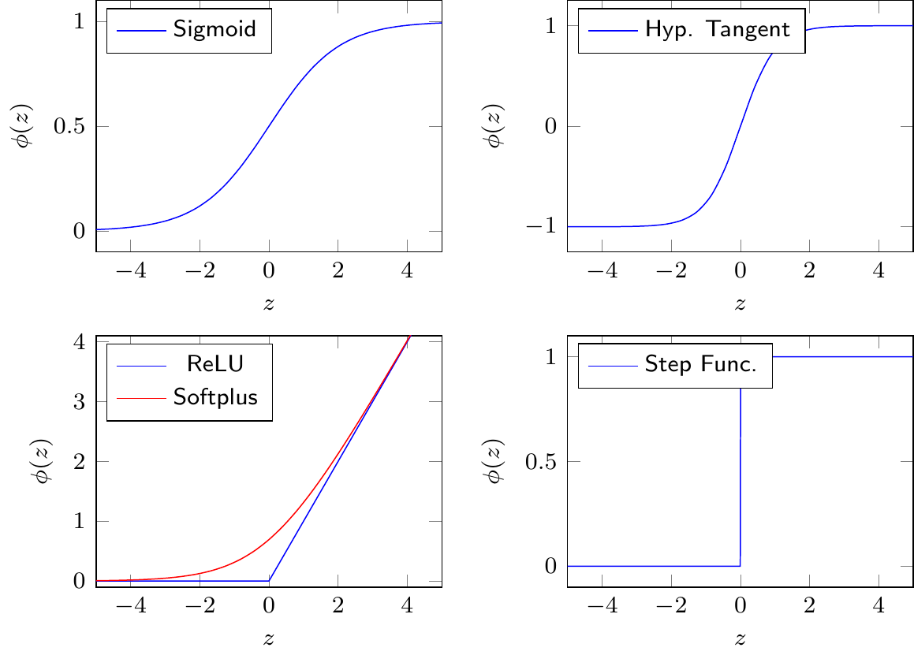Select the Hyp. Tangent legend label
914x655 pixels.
coord(717,31)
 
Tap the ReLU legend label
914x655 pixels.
coord(215,365)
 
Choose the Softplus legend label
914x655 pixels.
coord(215,396)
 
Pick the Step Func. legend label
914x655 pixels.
coord(700,365)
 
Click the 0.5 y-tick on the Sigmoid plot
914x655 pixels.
coord(69,126)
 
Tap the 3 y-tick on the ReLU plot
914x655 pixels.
coord(79,402)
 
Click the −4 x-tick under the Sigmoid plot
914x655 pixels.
coord(131,272)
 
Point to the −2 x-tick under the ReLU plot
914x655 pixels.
coord(200,608)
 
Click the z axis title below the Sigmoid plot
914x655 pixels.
coord(269,304)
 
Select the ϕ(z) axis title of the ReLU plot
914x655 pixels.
coord(43,461)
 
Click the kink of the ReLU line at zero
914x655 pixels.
coord(269,581)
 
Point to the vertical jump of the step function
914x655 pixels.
coord(741,461)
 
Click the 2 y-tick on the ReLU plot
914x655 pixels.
coord(79,462)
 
